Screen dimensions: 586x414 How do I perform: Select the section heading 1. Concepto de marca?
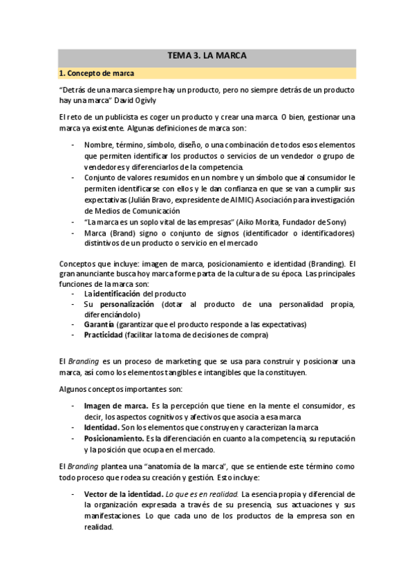pyautogui.click(x=97, y=73)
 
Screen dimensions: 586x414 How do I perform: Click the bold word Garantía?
pyautogui.click(x=100, y=325)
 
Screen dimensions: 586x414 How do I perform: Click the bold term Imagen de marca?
pyautogui.click(x=115, y=406)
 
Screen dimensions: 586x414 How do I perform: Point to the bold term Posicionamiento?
pyautogui.click(x=114, y=438)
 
